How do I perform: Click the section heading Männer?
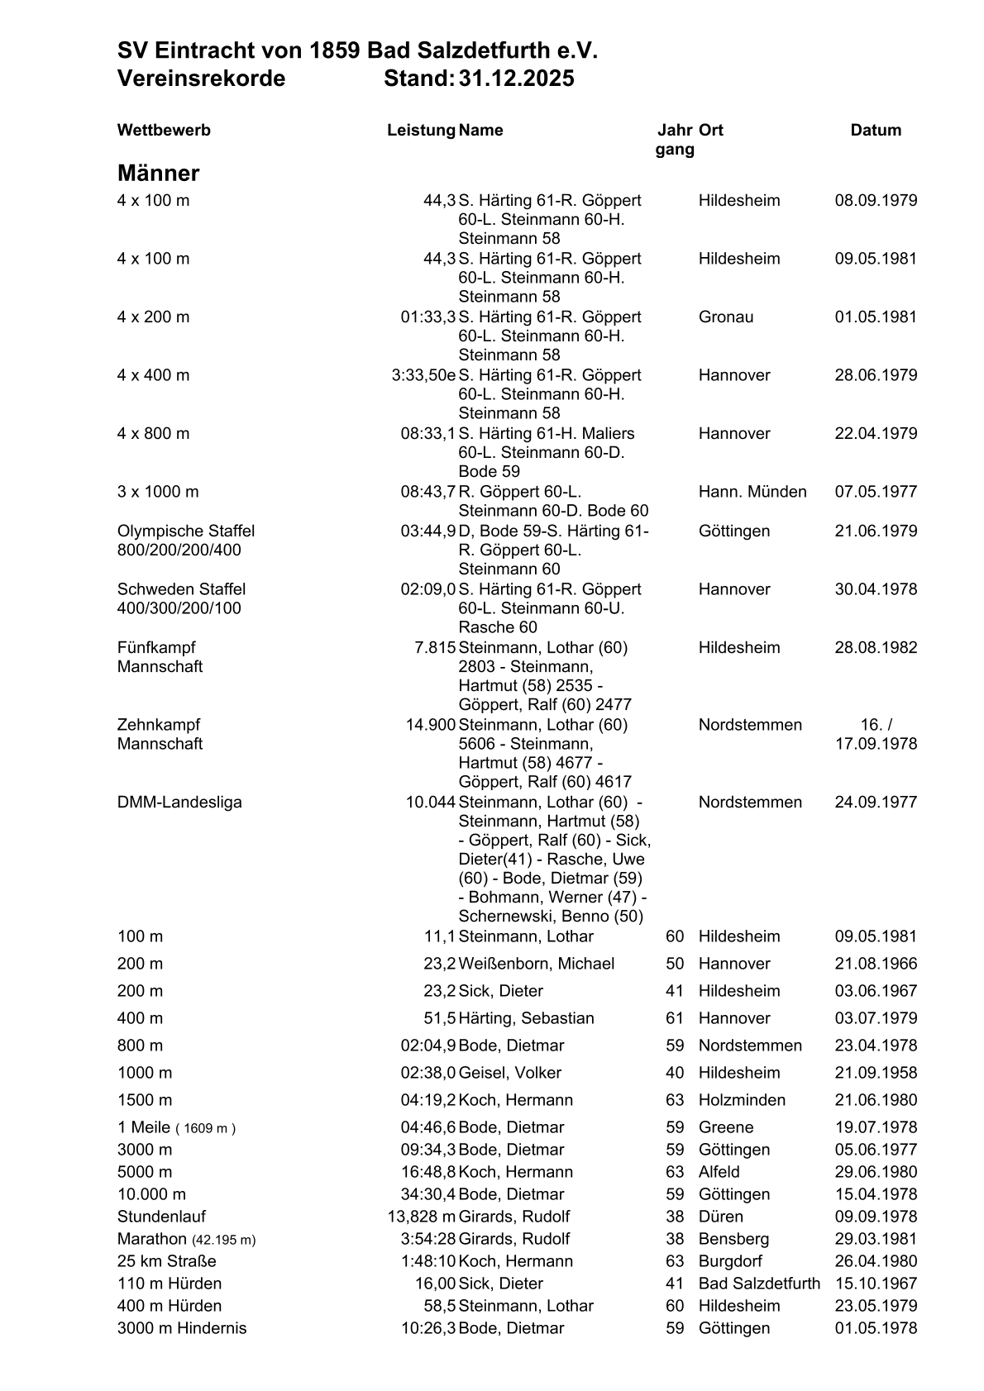tap(158, 174)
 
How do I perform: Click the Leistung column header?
tap(421, 130)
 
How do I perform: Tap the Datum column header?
tap(876, 130)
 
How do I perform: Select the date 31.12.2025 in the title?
tap(517, 79)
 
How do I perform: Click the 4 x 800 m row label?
tap(153, 433)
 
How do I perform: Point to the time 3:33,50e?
tap(423, 375)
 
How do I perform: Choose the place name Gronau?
tap(726, 317)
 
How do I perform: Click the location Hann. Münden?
tap(752, 492)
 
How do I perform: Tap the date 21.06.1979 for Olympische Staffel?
tap(876, 531)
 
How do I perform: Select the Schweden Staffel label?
tap(181, 589)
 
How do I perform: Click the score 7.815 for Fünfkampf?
tap(435, 647)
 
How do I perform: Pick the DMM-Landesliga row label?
tap(179, 802)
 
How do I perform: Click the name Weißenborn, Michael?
tap(537, 964)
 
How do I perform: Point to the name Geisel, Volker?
tap(510, 1073)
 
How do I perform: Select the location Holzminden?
tap(742, 1100)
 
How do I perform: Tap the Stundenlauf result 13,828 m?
tap(422, 1217)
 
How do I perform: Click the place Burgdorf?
tap(730, 1261)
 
